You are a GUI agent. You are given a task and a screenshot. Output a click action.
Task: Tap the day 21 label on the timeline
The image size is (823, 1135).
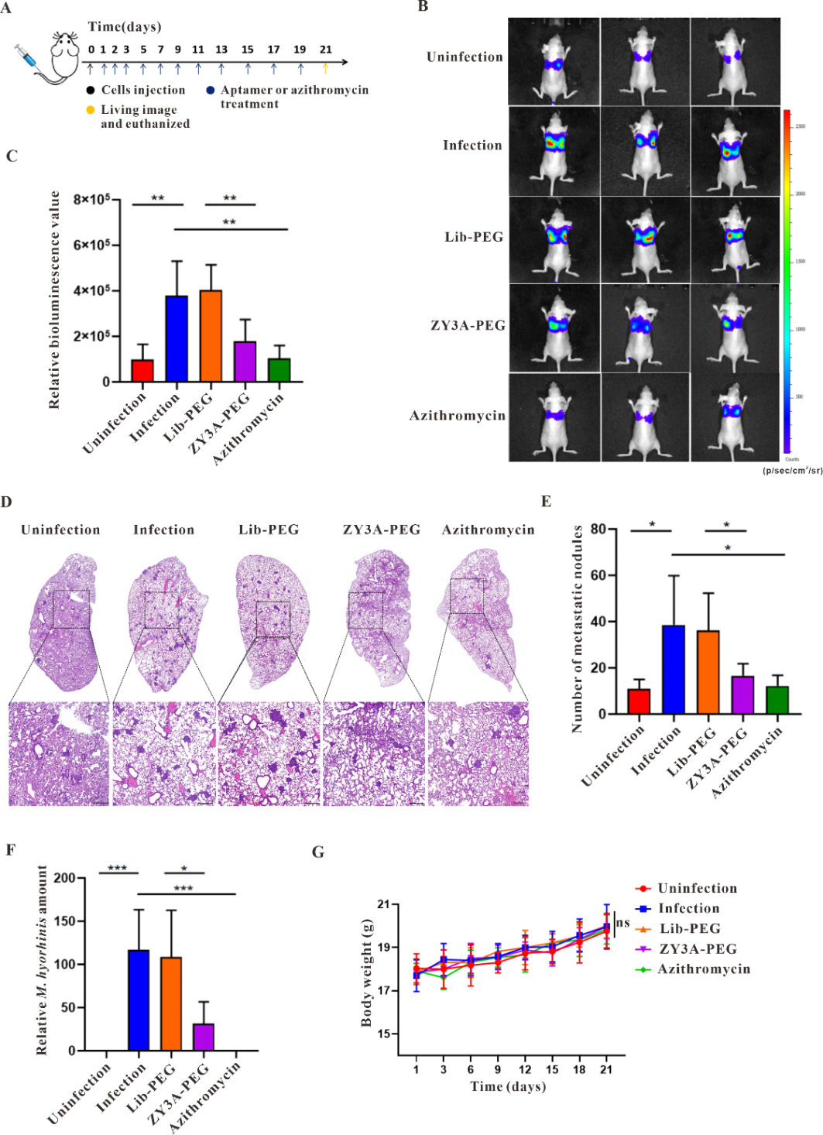pyautogui.click(x=326, y=50)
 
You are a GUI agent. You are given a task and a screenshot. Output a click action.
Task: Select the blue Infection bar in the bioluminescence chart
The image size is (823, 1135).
pyautogui.click(x=177, y=338)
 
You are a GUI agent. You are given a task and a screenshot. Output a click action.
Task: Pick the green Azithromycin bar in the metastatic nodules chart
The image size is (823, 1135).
pyautogui.click(x=777, y=699)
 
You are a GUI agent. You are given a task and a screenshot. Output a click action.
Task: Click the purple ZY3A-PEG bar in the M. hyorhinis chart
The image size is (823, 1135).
pyautogui.click(x=204, y=1037)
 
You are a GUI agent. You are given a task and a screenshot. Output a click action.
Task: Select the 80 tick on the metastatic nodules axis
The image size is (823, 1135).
pyautogui.click(x=598, y=530)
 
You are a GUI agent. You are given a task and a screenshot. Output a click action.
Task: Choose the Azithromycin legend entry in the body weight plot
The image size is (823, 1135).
pyautogui.click(x=703, y=969)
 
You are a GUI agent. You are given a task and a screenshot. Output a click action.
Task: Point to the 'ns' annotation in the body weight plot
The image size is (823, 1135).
pyautogui.click(x=623, y=923)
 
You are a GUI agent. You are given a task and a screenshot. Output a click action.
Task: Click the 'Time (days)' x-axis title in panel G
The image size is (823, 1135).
pyautogui.click(x=508, y=1086)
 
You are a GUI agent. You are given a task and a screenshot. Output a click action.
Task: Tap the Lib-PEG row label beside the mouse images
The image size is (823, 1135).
pyautogui.click(x=473, y=237)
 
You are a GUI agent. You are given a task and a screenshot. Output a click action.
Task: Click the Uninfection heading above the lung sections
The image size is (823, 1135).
pyautogui.click(x=60, y=530)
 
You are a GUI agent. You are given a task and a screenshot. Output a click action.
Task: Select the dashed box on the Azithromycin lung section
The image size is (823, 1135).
pyautogui.click(x=466, y=595)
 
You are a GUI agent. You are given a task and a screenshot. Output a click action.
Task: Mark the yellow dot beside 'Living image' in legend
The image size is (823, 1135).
pyautogui.click(x=91, y=110)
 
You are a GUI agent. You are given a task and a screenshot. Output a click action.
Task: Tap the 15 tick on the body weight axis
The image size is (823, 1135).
pyautogui.click(x=384, y=1034)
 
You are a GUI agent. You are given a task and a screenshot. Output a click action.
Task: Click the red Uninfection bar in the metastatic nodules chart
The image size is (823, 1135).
pyautogui.click(x=639, y=701)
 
